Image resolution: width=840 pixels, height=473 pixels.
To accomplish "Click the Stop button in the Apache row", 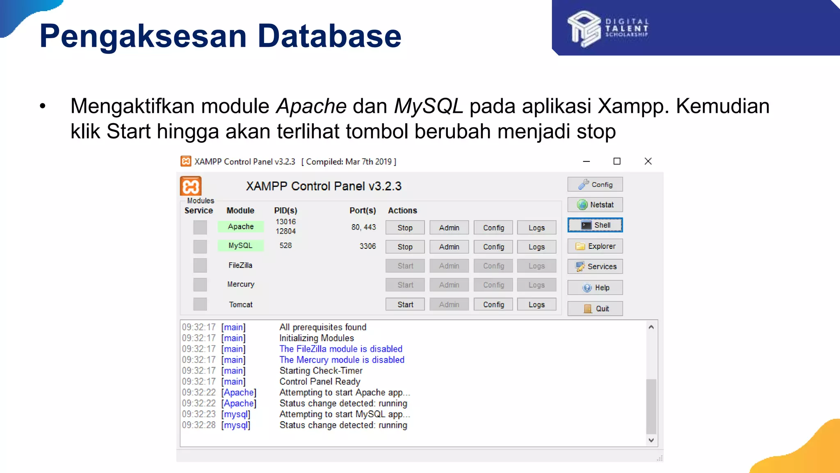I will pyautogui.click(x=405, y=227).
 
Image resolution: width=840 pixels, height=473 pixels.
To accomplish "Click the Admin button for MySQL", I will pyautogui.click(x=449, y=247).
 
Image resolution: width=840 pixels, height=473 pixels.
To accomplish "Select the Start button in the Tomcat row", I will pyautogui.click(x=405, y=304).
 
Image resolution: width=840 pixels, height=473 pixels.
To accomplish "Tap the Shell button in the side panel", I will pyautogui.click(x=595, y=225).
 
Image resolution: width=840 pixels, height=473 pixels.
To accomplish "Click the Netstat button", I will pyautogui.click(x=595, y=204).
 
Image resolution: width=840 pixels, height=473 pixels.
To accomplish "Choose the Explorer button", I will pyautogui.click(x=595, y=246).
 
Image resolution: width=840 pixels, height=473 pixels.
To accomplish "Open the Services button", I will pyautogui.click(x=595, y=266).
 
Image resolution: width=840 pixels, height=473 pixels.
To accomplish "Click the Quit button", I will pyautogui.click(x=595, y=309).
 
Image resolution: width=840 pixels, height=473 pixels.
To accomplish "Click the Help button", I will pyautogui.click(x=595, y=287).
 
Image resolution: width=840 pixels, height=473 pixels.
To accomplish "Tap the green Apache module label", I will pyautogui.click(x=241, y=227).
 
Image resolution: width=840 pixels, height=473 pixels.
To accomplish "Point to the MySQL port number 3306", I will pyautogui.click(x=367, y=246).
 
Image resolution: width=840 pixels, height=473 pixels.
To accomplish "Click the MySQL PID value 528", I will pyautogui.click(x=285, y=246).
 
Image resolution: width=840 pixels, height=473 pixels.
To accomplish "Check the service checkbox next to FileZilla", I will pyautogui.click(x=200, y=266).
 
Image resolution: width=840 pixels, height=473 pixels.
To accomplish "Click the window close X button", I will pyautogui.click(x=648, y=161).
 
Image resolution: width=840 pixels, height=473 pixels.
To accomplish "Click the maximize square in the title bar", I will pyautogui.click(x=617, y=161).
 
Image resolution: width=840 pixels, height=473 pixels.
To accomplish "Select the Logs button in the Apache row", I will pyautogui.click(x=536, y=227).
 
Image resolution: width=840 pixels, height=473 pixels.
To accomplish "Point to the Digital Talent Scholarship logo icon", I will pyautogui.click(x=584, y=29).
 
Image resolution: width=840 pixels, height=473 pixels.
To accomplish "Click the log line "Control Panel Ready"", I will pyautogui.click(x=320, y=381).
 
